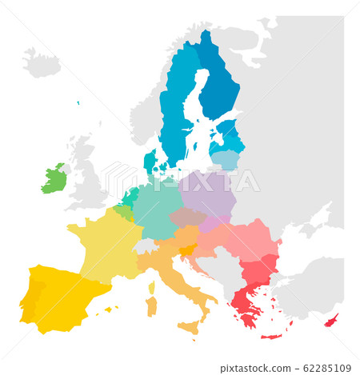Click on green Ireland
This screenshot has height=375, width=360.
coord(54,180)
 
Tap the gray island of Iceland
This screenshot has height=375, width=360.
coord(42,62)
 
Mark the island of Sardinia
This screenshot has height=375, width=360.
coord(151,306)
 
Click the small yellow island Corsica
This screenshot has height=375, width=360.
coord(151,286)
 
